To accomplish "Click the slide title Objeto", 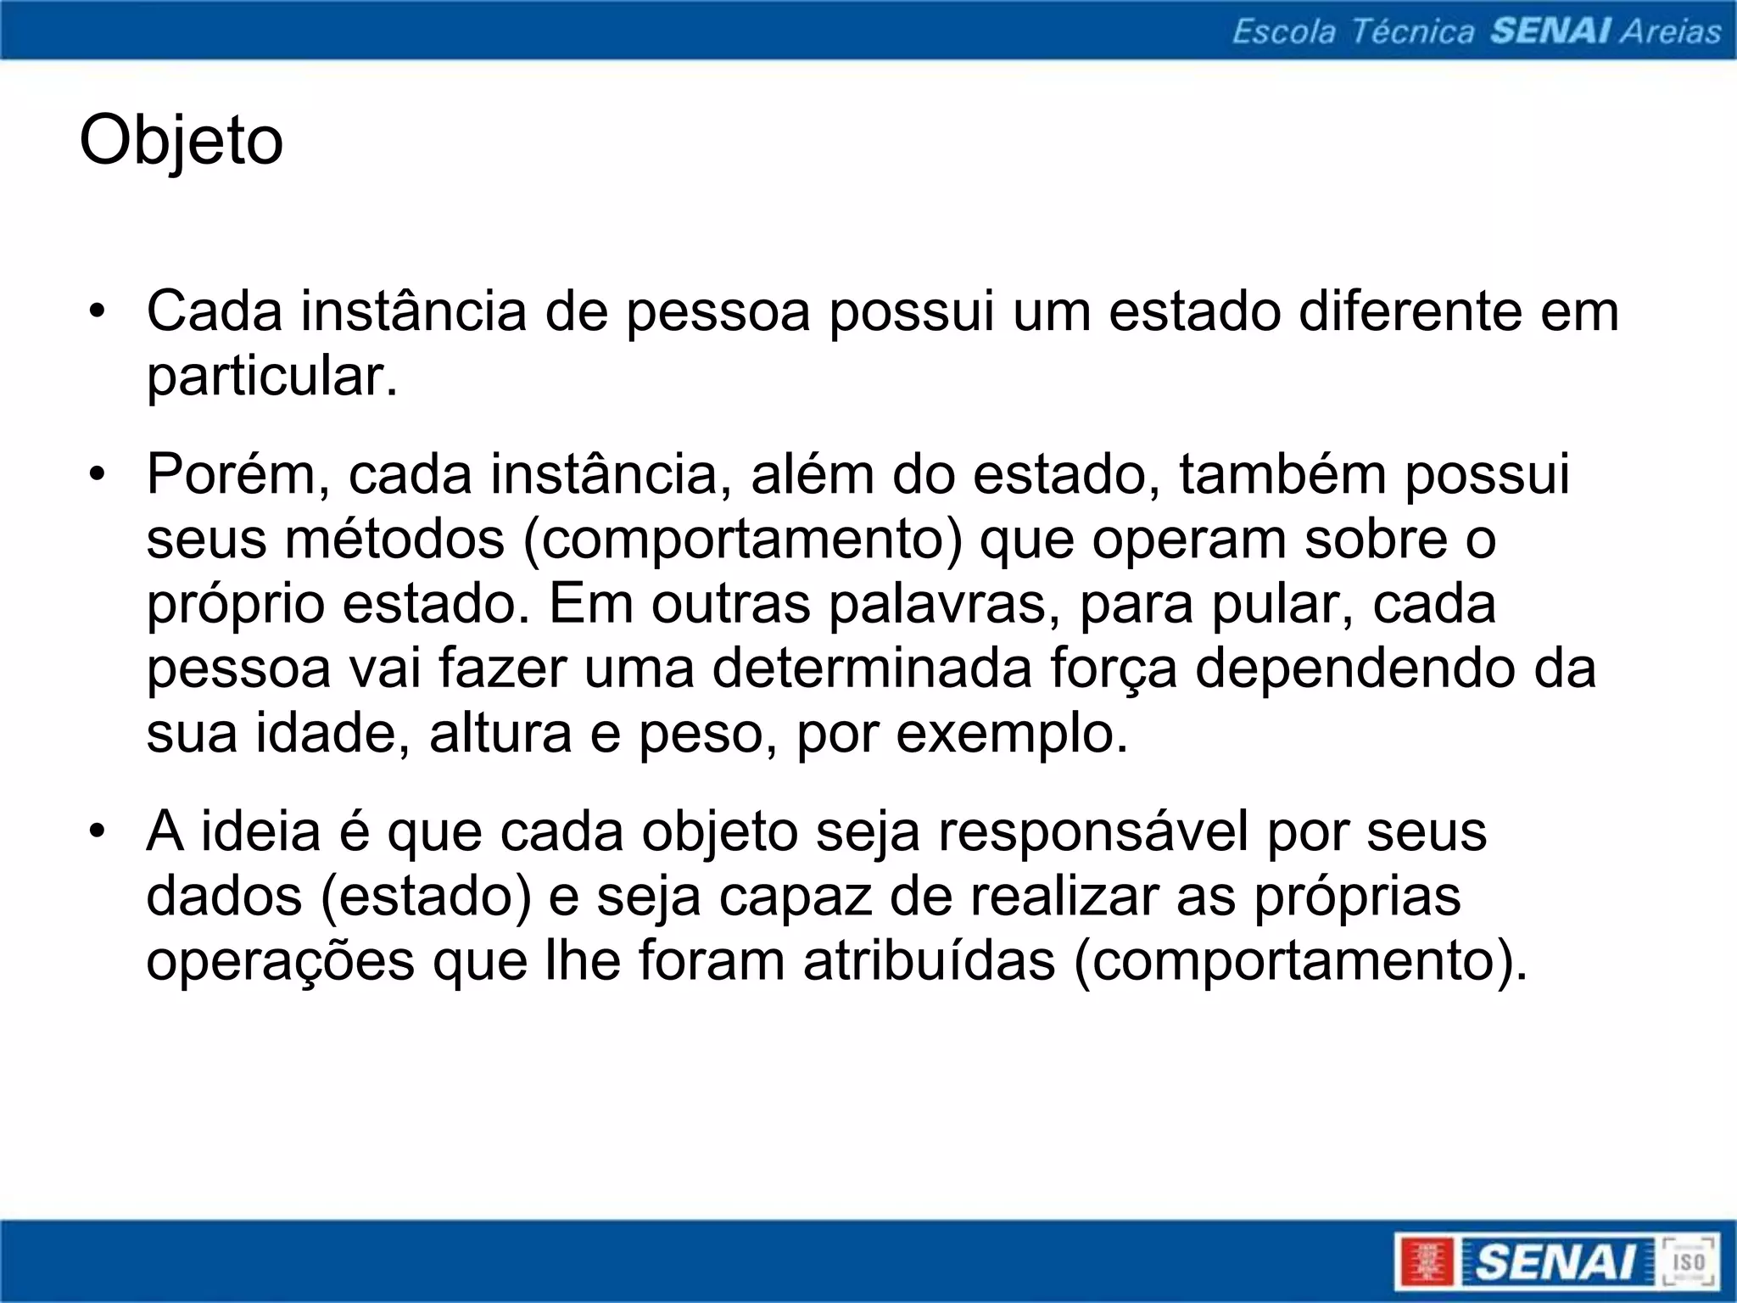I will [x=181, y=141].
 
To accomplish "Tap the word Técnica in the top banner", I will [x=1412, y=31].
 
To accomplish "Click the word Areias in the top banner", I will [x=1670, y=31].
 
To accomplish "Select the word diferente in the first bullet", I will [x=1410, y=311].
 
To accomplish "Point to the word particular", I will [x=271, y=377].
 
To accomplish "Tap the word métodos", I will [x=394, y=540].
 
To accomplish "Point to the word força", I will [x=1114, y=669].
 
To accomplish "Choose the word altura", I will [x=500, y=734].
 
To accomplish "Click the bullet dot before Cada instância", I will [x=98, y=311].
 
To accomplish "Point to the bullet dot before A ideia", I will [x=98, y=832].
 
